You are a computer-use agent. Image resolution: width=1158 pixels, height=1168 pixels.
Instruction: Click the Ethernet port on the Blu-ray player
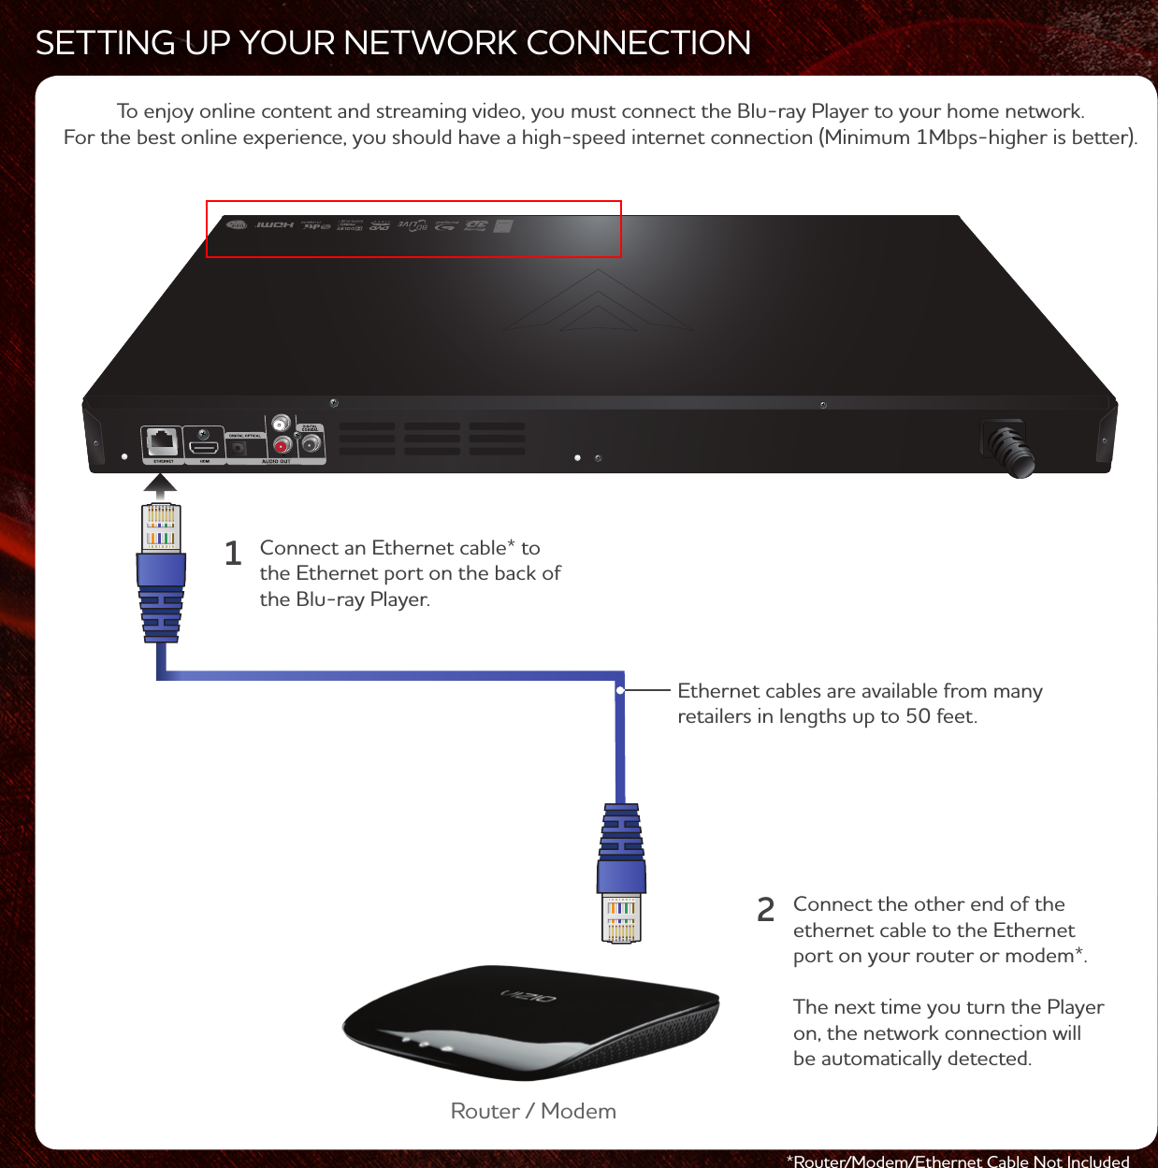pos(163,441)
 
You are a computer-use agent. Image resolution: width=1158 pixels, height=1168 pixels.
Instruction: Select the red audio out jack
pos(280,446)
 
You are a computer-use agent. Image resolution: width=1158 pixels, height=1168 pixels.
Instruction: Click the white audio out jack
pos(280,425)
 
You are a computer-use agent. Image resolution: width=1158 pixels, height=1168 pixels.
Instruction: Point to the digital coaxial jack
pos(311,444)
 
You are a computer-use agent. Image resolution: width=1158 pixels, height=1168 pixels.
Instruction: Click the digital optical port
pos(239,448)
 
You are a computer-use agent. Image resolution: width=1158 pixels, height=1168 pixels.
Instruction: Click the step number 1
pos(233,554)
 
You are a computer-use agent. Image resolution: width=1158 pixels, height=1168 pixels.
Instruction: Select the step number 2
pos(765,910)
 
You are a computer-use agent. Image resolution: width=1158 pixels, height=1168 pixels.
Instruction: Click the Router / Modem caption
pos(533,1111)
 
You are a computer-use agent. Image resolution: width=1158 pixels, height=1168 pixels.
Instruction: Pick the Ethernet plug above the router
pos(621,874)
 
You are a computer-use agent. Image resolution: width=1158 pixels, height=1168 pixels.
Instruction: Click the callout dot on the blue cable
pos(620,691)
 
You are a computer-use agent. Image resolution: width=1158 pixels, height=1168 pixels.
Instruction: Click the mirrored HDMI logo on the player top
pos(275,225)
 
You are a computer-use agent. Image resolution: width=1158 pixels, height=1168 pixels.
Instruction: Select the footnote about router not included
pos(958,1161)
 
